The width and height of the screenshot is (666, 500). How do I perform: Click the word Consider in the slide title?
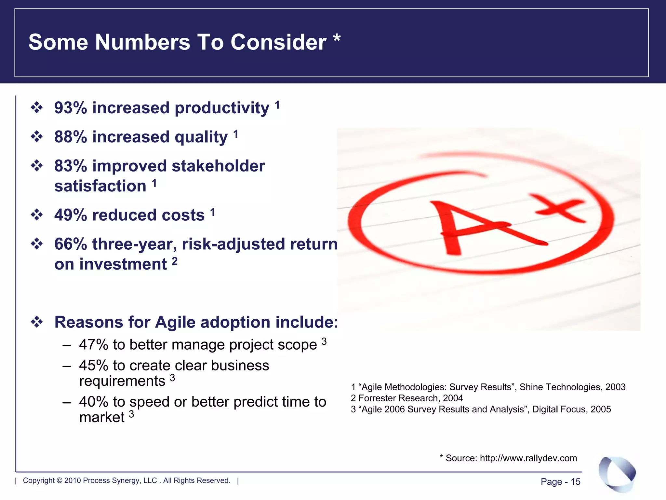coord(278,42)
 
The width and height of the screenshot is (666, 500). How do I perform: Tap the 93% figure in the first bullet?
coord(71,108)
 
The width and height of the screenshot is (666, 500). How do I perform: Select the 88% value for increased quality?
coord(71,137)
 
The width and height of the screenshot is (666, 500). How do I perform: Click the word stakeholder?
coord(218,166)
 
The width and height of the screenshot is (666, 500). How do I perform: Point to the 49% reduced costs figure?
coord(71,215)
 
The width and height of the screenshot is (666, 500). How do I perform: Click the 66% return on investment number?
coord(71,244)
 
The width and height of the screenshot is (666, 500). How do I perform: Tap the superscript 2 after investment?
coord(175,261)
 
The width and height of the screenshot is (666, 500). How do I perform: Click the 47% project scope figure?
coord(94,345)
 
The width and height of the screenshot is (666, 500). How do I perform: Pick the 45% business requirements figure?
coord(94,366)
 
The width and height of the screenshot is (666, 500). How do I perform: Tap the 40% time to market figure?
coord(94,402)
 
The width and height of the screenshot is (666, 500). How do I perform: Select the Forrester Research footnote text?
coord(406,398)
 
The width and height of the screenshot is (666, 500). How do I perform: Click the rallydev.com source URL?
coord(528,458)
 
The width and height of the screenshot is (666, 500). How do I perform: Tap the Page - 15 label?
coord(560,482)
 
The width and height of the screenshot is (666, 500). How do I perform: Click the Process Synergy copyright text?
coord(127,480)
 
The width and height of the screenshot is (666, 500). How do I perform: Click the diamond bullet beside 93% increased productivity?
coord(37,108)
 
